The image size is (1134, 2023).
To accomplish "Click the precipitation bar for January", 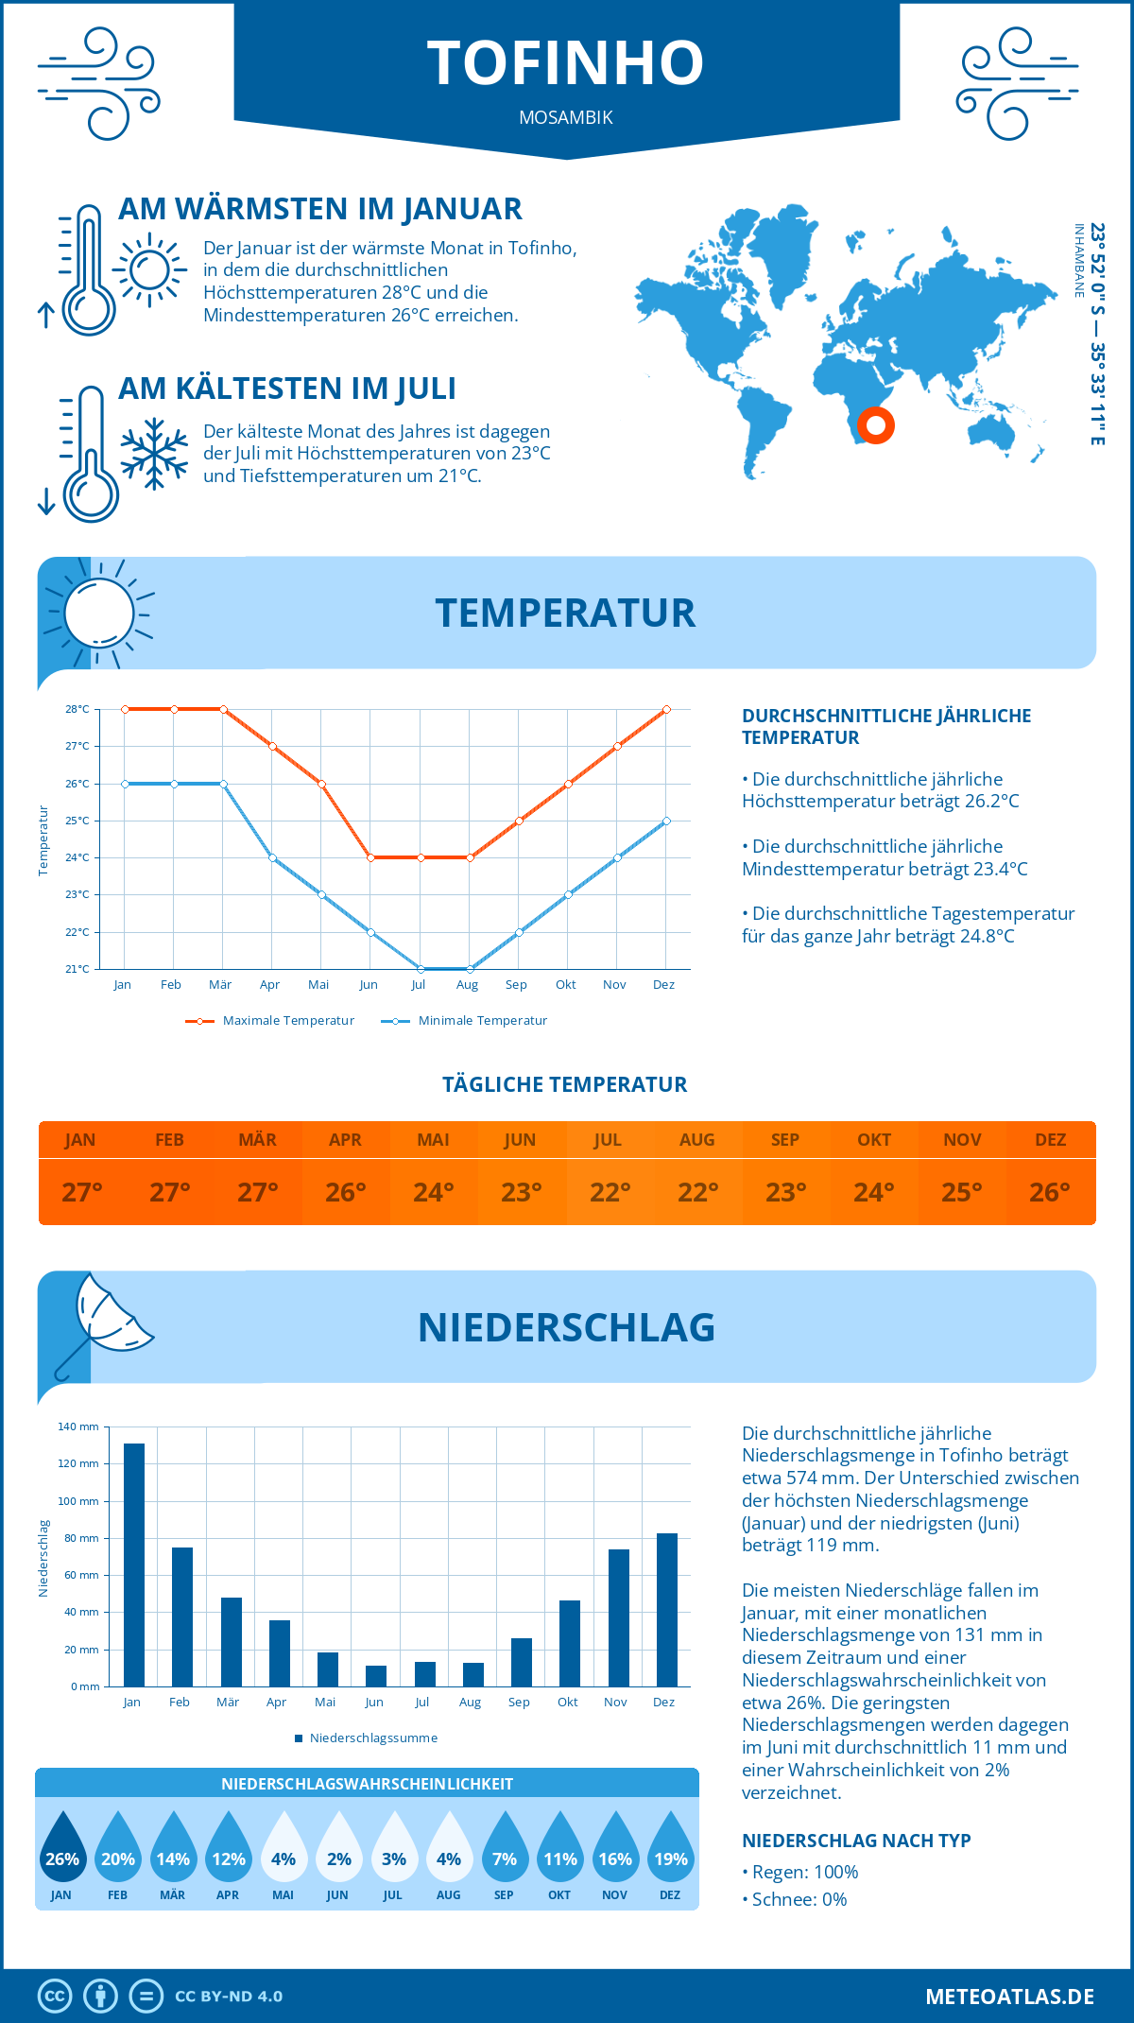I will pyautogui.click(x=134, y=1565).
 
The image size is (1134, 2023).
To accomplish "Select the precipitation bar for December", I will pyautogui.click(x=667, y=1610).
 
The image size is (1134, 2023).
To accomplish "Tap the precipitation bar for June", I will pyautogui.click(x=376, y=1676).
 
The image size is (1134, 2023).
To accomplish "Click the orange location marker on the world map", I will pyautogui.click(x=876, y=425).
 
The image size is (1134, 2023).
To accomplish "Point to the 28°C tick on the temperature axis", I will pyautogui.click(x=77, y=709).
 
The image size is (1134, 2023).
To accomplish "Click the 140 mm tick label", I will pyautogui.click(x=78, y=1426).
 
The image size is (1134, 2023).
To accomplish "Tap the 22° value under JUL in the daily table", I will pyautogui.click(x=610, y=1192).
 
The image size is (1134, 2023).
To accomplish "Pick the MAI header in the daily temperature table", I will pyautogui.click(x=433, y=1140).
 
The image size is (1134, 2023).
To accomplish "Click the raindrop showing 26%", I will pyautogui.click(x=62, y=1849).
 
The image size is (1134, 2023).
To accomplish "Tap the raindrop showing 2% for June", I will pyautogui.click(x=338, y=1849).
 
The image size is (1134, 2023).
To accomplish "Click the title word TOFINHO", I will pyautogui.click(x=566, y=63).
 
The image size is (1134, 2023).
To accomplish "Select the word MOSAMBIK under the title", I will pyautogui.click(x=566, y=118).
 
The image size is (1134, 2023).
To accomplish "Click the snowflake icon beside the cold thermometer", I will pyautogui.click(x=154, y=454).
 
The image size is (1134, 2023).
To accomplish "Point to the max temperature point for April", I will pyautogui.click(x=272, y=747).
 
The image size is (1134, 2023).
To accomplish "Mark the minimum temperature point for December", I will pyautogui.click(x=666, y=821).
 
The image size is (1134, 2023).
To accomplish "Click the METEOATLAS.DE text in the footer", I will pyautogui.click(x=1009, y=1997).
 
